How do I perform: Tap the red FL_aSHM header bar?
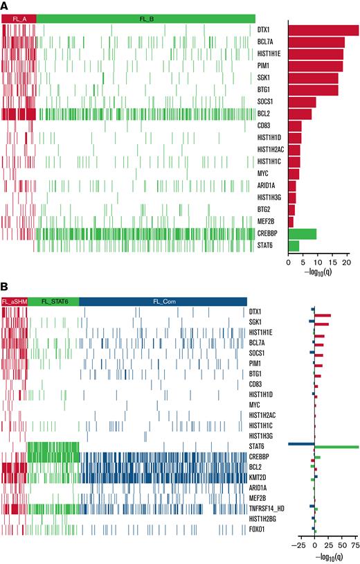click(x=15, y=301)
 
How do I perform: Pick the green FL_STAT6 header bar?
click(x=53, y=301)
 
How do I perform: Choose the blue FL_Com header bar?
click(x=163, y=301)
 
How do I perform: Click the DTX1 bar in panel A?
click(x=323, y=30)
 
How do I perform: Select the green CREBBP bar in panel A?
click(x=303, y=234)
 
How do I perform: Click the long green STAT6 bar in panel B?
click(x=337, y=447)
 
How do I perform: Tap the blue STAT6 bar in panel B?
click(x=302, y=443)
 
